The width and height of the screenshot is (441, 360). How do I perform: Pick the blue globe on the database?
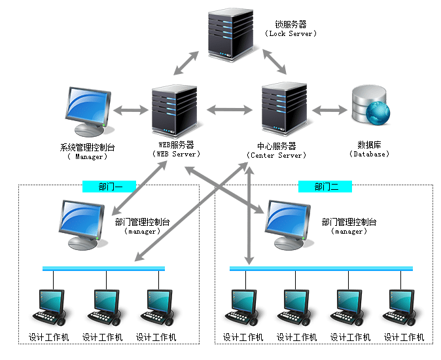[379, 113]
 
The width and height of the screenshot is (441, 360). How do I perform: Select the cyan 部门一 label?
[109, 187]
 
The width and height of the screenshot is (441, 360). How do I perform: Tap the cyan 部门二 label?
[325, 187]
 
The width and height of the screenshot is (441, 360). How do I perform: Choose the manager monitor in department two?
[289, 223]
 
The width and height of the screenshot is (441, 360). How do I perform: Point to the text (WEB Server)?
[177, 154]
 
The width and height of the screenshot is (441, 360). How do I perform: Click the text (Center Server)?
[276, 155]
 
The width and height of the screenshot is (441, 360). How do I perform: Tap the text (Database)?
[370, 154]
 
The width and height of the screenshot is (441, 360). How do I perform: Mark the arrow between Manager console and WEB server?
[132, 109]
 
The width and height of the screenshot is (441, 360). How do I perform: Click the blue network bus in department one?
[103, 268]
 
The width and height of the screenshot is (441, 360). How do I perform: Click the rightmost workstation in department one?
[158, 308]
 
